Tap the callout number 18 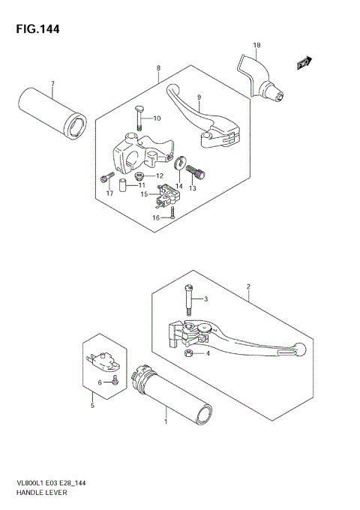coord(256,46)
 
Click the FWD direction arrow coord(304,64)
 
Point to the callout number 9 coord(199,97)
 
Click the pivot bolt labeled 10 coord(140,118)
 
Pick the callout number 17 coord(109,194)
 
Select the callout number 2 coord(247,286)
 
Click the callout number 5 coord(92,407)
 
